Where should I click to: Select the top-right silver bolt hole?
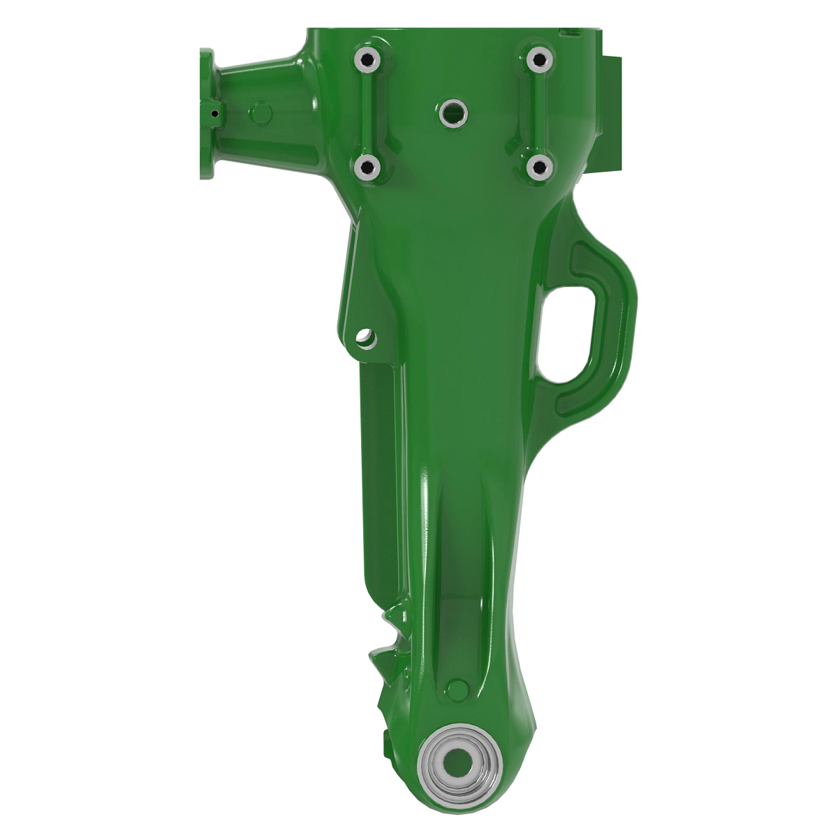point(538,59)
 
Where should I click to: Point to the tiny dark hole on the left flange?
point(215,113)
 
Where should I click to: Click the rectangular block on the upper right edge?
point(612,112)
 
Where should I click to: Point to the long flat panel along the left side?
point(381,489)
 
